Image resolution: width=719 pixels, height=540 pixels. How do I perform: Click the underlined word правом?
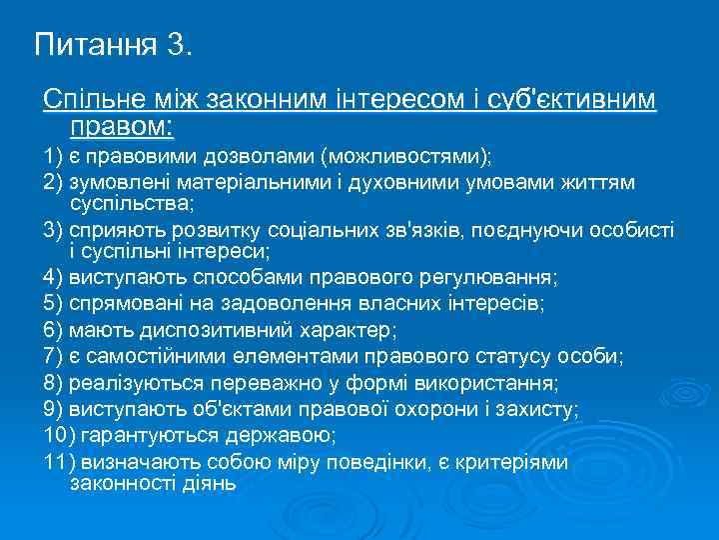122,127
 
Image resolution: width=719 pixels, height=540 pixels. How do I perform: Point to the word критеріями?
513,462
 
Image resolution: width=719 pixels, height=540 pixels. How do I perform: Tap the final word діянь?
211,484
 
